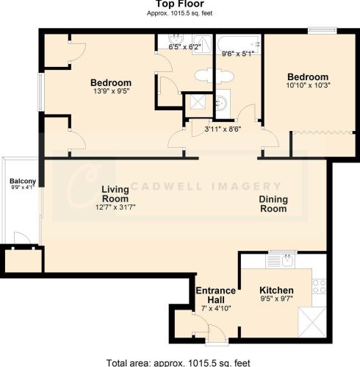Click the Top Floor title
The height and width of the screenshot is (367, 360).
tap(180, 4)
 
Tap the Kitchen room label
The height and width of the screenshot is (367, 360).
tap(276, 291)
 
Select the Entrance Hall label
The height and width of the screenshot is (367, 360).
tap(216, 295)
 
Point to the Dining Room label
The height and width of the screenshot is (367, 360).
tap(273, 204)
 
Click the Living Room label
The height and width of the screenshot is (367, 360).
tap(115, 194)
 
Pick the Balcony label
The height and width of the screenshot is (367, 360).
tap(23, 181)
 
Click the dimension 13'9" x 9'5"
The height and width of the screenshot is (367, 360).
tap(112, 91)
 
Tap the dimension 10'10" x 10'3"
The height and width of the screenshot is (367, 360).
tap(309, 85)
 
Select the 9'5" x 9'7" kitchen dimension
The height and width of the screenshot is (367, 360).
tap(276, 299)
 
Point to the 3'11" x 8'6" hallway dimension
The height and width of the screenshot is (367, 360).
tap(223, 129)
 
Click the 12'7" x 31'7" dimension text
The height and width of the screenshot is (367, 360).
tap(115, 207)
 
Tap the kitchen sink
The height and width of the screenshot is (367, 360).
tap(281, 261)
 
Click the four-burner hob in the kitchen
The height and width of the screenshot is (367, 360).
tap(320, 286)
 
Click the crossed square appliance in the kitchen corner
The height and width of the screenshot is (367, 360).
tap(312, 322)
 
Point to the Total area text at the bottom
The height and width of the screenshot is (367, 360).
tap(179, 363)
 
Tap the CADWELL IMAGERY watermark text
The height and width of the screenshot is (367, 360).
tap(206, 186)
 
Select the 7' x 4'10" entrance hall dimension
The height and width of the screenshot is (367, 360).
tap(216, 308)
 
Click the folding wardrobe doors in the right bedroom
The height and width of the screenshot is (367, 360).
tap(323, 132)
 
